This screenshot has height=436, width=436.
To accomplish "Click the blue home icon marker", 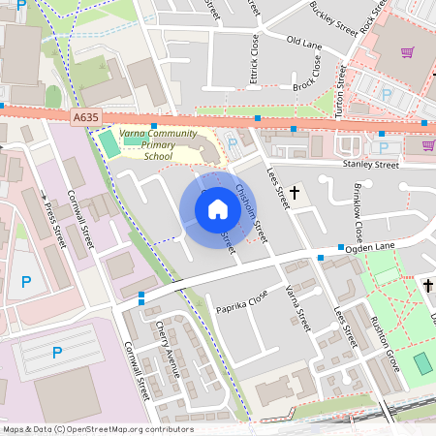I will click(x=218, y=208).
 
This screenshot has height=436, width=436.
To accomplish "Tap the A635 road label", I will click(x=84, y=116).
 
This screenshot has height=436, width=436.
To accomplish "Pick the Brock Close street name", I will click(x=307, y=74).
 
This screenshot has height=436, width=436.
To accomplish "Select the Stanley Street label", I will click(x=370, y=166).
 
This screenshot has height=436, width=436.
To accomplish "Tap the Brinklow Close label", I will click(x=357, y=211).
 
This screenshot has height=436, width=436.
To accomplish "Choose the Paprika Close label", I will click(x=242, y=302).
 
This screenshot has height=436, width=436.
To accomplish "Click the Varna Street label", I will click(x=296, y=307).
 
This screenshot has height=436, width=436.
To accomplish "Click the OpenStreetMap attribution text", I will click(x=97, y=429).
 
